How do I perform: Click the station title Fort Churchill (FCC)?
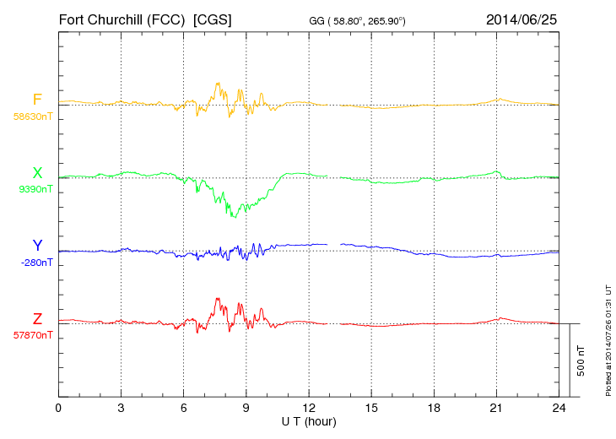click(x=122, y=19)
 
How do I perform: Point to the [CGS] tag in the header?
click(x=213, y=19)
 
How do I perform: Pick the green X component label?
click(x=37, y=173)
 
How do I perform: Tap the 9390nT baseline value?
click(x=35, y=189)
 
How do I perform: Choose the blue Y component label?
click(x=37, y=246)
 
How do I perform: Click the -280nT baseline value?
click(x=36, y=263)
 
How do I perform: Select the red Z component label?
click(x=37, y=319)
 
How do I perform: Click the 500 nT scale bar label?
click(x=581, y=360)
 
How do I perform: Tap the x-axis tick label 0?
click(x=58, y=409)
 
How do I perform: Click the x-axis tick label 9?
click(x=246, y=409)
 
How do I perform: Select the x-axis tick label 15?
click(x=370, y=409)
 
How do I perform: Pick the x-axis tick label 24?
click(x=558, y=409)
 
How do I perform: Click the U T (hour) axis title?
click(x=308, y=421)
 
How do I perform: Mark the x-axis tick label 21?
click(x=495, y=409)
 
